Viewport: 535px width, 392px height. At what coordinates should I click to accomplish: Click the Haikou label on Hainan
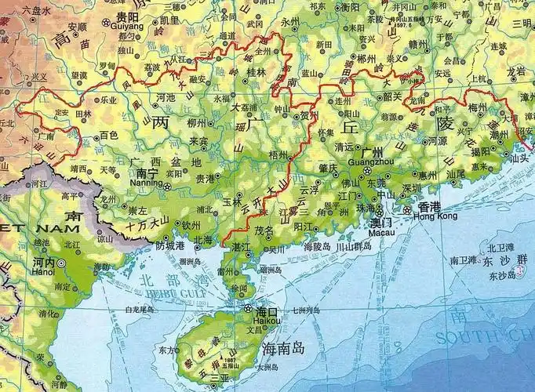[x=263, y=320]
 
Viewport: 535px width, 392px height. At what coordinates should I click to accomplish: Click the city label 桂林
[x=256, y=72]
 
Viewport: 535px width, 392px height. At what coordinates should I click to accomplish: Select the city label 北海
[x=202, y=240]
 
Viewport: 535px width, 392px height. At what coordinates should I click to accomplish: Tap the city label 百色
[x=108, y=136]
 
